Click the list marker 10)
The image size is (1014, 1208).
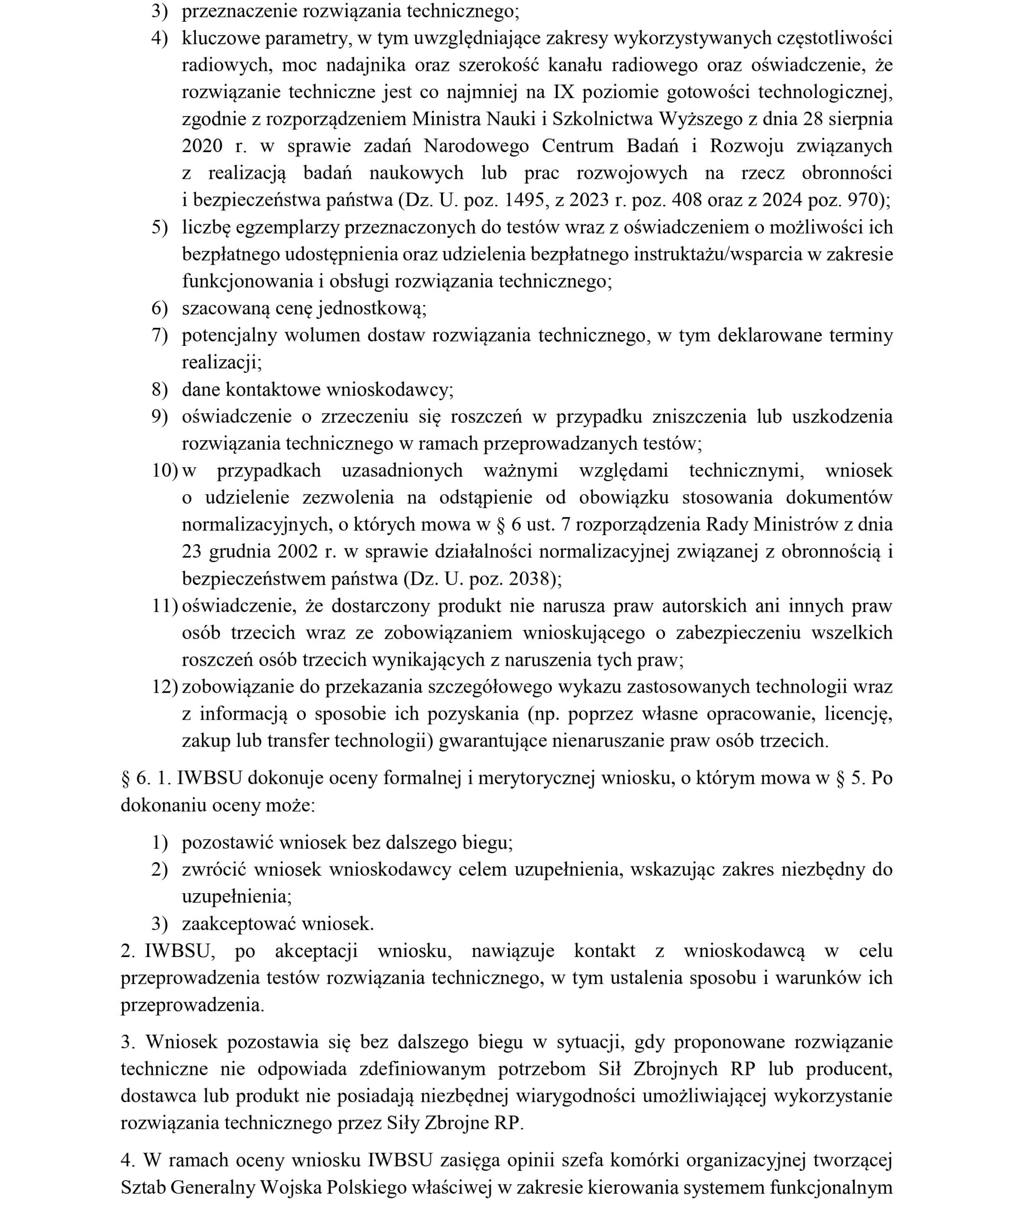coord(165,470)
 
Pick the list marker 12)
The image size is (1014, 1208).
coord(165,687)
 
